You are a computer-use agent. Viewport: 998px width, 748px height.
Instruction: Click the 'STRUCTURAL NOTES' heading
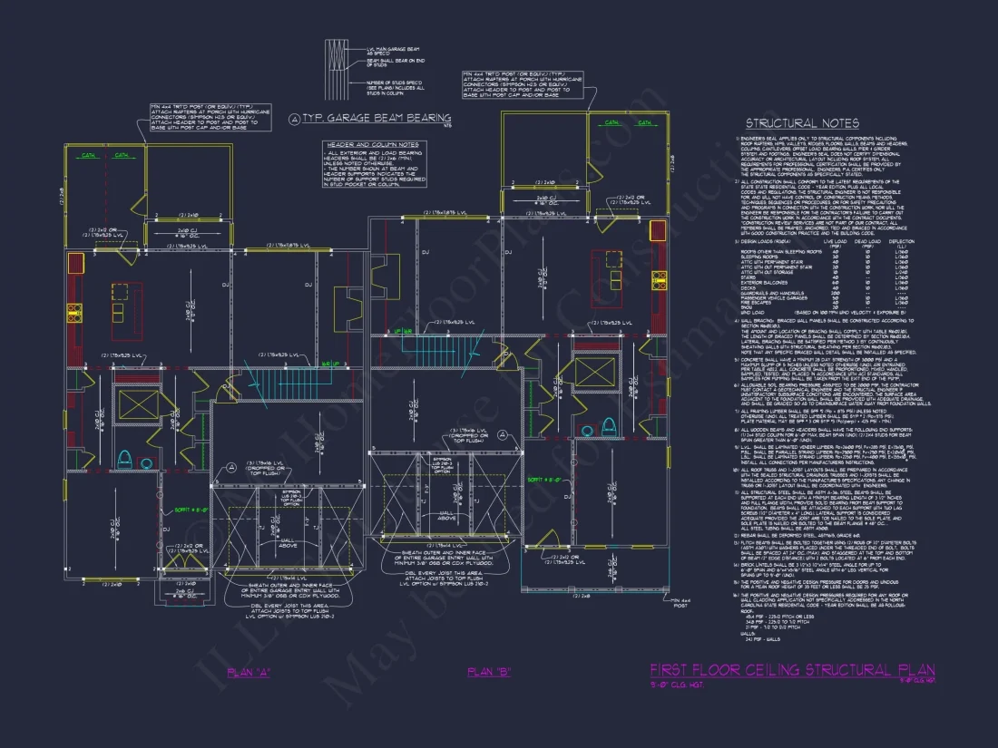click(800, 123)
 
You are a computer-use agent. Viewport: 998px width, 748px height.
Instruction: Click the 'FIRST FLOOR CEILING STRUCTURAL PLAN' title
click(791, 670)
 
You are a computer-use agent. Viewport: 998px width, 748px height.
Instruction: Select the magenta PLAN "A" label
click(249, 672)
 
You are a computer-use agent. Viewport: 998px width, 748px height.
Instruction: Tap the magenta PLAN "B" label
click(489, 672)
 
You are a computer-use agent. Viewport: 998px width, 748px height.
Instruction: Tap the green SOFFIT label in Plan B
click(543, 478)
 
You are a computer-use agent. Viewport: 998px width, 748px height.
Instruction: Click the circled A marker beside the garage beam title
click(294, 119)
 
